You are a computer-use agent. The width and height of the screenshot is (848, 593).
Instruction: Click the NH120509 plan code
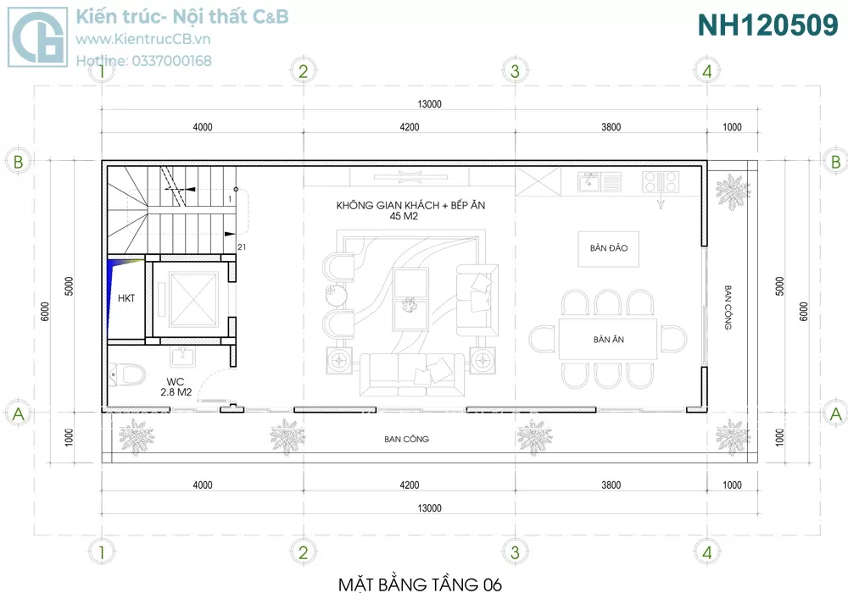click(767, 25)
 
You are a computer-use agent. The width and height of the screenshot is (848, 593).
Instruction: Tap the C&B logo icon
click(38, 36)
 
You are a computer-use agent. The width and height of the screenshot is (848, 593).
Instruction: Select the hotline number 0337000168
click(171, 61)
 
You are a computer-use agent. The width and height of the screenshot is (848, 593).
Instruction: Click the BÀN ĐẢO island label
click(608, 248)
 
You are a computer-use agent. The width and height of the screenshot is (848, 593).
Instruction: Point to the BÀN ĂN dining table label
click(608, 340)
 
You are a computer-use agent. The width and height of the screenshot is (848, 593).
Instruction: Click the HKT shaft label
click(126, 298)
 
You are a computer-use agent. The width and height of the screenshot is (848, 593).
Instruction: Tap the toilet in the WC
click(128, 374)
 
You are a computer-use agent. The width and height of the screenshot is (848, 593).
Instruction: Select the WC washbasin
click(183, 357)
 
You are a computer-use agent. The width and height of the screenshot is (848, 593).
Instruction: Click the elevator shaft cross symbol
click(192, 300)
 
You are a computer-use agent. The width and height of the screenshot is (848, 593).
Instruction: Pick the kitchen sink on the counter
click(600, 182)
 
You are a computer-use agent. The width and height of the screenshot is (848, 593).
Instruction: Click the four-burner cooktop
click(661, 181)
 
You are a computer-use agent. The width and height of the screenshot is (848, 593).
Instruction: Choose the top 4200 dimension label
click(410, 127)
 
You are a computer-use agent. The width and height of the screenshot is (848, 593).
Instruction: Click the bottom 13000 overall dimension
click(429, 508)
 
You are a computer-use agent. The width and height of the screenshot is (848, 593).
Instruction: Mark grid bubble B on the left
click(18, 161)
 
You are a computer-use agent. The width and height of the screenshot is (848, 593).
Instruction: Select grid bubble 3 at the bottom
click(515, 552)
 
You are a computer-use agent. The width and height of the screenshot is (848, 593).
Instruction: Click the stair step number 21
click(242, 247)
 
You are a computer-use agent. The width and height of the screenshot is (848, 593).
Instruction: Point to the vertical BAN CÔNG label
click(728, 308)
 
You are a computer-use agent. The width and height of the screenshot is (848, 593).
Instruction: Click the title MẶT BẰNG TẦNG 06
click(421, 584)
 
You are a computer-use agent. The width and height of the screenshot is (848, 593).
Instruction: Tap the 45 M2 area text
click(404, 216)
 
